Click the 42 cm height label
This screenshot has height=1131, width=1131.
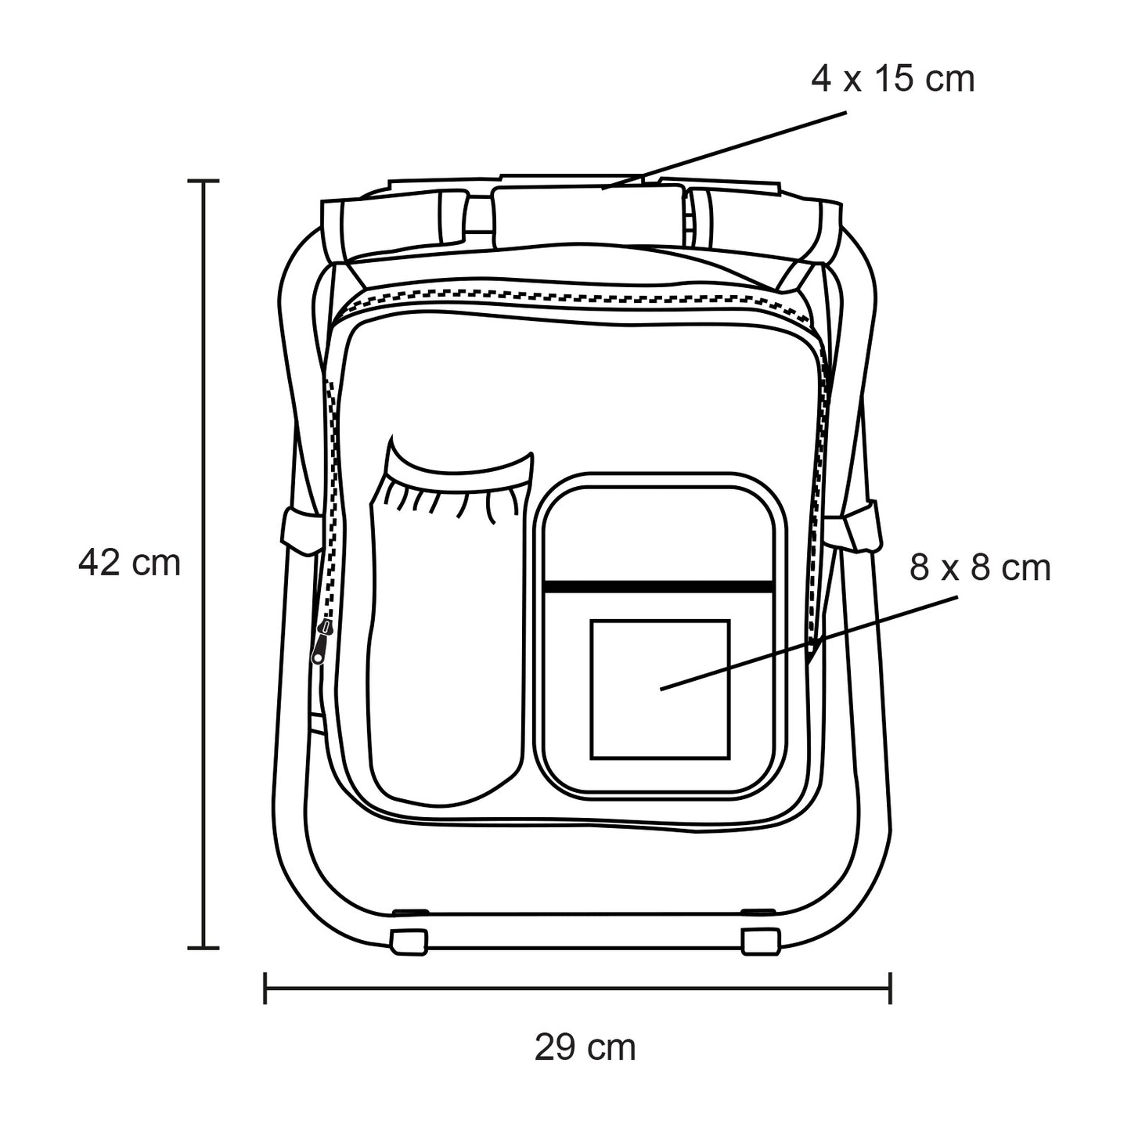point(129,563)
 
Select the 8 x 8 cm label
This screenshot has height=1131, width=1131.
point(980,567)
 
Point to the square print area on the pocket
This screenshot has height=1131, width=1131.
point(661,690)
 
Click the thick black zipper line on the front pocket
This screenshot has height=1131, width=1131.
point(658,587)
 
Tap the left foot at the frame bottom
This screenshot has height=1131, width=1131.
point(408,942)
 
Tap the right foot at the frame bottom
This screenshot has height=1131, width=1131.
point(761,942)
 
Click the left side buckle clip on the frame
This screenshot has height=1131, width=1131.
point(302,531)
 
